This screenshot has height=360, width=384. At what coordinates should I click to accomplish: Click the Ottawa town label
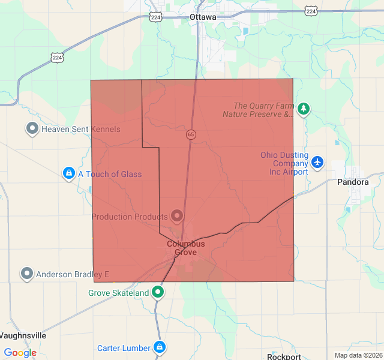click(202, 17)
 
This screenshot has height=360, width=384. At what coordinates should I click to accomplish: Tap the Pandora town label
click(353, 182)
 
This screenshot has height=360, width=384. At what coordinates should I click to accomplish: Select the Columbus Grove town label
click(185, 248)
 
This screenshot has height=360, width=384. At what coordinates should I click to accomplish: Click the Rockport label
click(284, 356)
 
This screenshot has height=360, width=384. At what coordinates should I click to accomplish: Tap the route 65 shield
click(190, 134)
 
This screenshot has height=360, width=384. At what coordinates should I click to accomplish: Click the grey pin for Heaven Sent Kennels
click(32, 128)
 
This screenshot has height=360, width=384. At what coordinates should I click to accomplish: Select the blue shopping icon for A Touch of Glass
click(69, 174)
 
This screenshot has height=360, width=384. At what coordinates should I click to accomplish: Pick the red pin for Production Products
click(177, 215)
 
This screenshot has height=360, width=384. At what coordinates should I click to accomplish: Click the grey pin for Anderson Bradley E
click(27, 274)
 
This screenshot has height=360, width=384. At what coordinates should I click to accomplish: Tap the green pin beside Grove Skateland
click(158, 292)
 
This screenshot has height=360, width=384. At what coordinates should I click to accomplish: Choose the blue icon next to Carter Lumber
click(160, 347)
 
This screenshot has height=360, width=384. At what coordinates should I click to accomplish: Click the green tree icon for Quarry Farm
click(304, 109)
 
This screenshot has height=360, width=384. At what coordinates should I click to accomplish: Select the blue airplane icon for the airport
click(317, 163)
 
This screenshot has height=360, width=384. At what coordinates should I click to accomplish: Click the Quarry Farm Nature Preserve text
click(258, 110)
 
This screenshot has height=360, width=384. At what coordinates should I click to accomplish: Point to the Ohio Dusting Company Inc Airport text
click(284, 163)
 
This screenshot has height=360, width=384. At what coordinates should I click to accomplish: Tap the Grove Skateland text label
click(118, 293)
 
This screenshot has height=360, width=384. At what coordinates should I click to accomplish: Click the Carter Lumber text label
click(124, 348)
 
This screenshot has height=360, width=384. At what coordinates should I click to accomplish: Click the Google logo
click(20, 353)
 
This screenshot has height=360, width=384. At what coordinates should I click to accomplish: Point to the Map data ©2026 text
click(358, 355)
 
